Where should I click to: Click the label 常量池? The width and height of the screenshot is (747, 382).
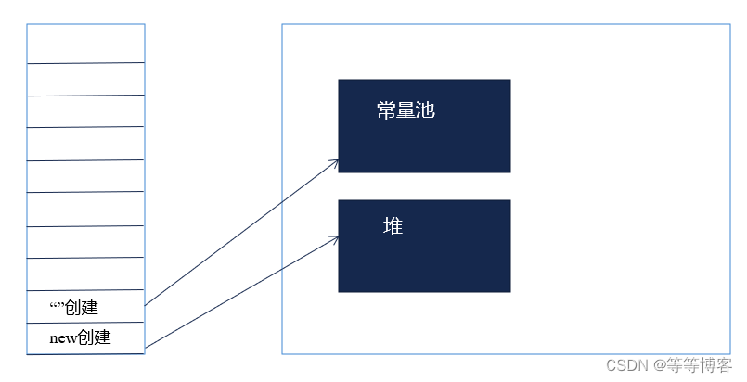click(x=406, y=111)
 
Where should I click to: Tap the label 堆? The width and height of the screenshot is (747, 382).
click(x=393, y=226)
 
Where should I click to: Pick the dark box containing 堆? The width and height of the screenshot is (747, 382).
click(x=424, y=260)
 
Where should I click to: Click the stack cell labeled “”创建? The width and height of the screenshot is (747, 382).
click(x=85, y=306)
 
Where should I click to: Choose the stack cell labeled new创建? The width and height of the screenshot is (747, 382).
click(x=85, y=337)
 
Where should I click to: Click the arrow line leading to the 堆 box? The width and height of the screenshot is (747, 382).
click(x=241, y=293)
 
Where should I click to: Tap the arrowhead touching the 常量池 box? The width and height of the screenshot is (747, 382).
click(x=334, y=162)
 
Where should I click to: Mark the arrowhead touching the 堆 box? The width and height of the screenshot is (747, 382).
click(x=334, y=239)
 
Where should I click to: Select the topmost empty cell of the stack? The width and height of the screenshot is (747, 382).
click(x=85, y=44)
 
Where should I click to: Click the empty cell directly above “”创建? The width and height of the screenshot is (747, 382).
click(x=85, y=274)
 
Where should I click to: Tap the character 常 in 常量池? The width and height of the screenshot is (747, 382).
click(x=386, y=111)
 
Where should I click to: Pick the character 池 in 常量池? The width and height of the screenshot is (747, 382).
click(x=426, y=111)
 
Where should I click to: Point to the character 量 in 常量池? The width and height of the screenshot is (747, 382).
click(x=406, y=111)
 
